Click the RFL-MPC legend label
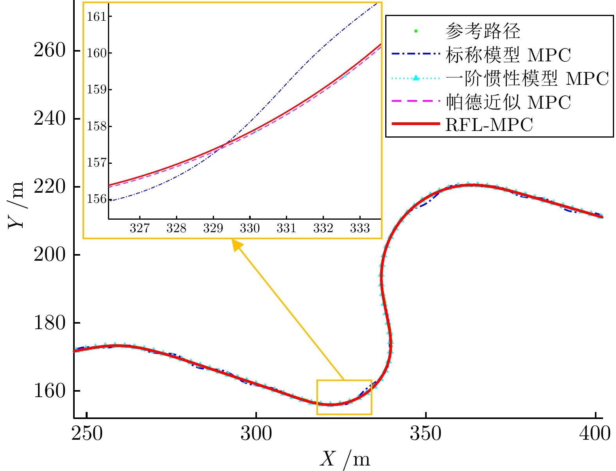tap(489, 125)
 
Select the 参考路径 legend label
tap(483, 31)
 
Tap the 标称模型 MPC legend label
tap(508, 55)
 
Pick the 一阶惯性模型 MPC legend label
tap(527, 79)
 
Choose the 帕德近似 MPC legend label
tap(508, 102)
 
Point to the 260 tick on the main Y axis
tap(49, 50)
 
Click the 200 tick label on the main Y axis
tap(49, 254)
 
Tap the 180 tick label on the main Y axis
tap(49, 323)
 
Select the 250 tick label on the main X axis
tap(87, 433)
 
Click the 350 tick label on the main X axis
tap(426, 433)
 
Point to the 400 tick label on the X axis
tap(594, 433)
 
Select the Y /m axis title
tap(16, 205)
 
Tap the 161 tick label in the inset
tap(97, 16)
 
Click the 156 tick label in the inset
tap(97, 199)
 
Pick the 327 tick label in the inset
tap(140, 228)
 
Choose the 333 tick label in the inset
tap(360, 228)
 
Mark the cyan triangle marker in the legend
tap(416, 78)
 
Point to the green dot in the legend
tap(416, 31)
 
